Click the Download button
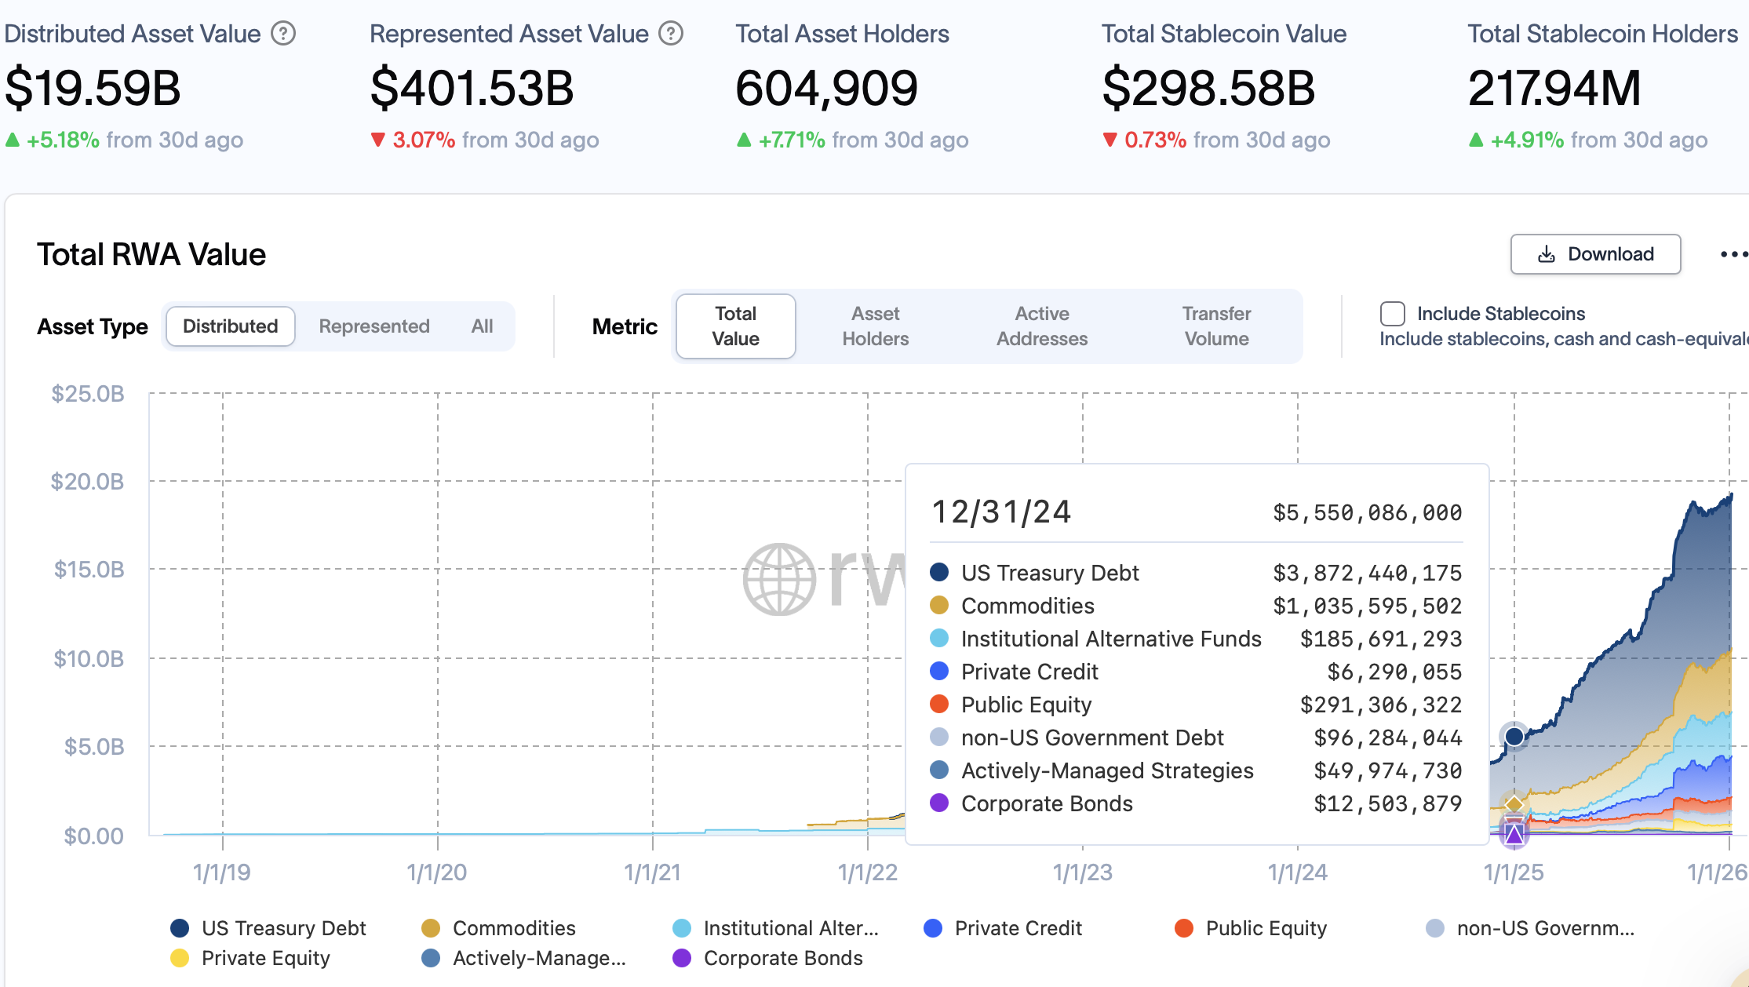coord(1595,254)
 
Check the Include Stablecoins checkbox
coord(1392,314)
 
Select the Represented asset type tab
coord(374,326)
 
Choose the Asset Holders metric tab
coord(875,326)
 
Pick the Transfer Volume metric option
coord(1216,326)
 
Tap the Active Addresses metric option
coord(1041,326)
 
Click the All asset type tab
coord(482,326)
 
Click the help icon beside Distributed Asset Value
coord(283,34)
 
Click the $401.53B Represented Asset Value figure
coord(472,88)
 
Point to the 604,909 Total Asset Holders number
coord(826,88)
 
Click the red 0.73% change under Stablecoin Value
coord(1155,140)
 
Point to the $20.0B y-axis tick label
coord(87,481)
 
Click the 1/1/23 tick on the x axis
coord(1082,872)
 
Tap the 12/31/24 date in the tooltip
coord(1000,512)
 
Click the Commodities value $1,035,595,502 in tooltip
coord(1367,606)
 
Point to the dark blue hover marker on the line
coord(1514,736)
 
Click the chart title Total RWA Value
coord(151,255)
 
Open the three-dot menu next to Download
coord(1733,254)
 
